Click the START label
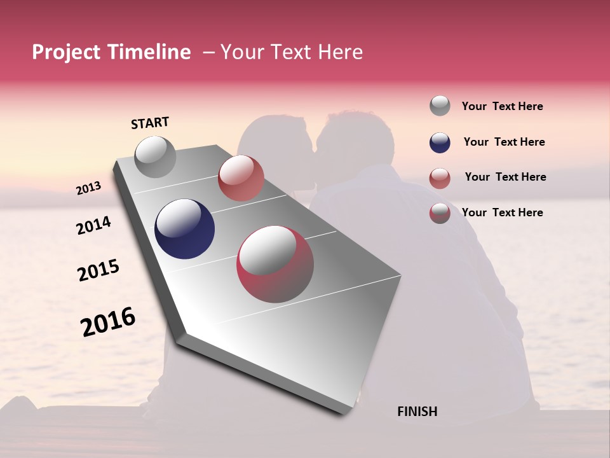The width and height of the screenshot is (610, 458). pyautogui.click(x=150, y=123)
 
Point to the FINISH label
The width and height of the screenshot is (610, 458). pyautogui.click(x=417, y=412)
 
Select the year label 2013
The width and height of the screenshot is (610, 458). pyautogui.click(x=89, y=188)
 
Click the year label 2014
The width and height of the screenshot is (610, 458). pyautogui.click(x=93, y=225)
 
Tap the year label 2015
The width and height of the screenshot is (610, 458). pyautogui.click(x=98, y=271)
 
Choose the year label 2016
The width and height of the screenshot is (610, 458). pyautogui.click(x=108, y=322)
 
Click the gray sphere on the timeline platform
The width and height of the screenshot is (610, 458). pyautogui.click(x=156, y=156)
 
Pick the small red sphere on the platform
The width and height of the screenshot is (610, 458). pyautogui.click(x=241, y=178)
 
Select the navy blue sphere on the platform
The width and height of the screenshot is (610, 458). pyautogui.click(x=185, y=229)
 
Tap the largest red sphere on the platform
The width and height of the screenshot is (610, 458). pyautogui.click(x=275, y=264)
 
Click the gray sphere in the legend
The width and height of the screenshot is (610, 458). pyautogui.click(x=440, y=106)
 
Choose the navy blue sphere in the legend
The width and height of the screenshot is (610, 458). pyautogui.click(x=440, y=142)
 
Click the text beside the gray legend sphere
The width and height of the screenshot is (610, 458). pyautogui.click(x=502, y=107)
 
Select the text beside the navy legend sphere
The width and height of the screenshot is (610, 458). pyautogui.click(x=504, y=142)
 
